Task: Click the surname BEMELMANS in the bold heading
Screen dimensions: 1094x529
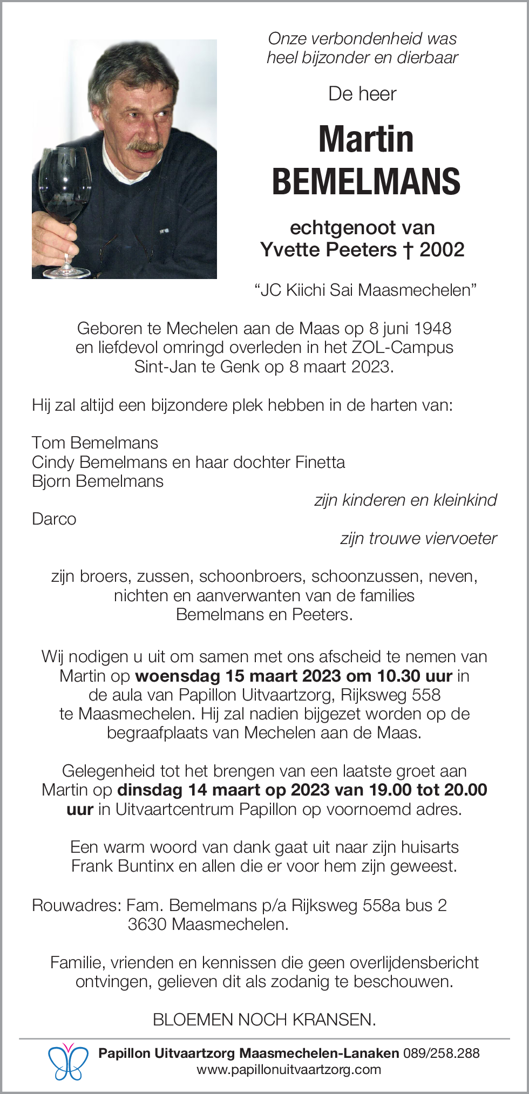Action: coord(366,181)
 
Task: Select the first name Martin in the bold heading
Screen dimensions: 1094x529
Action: coord(366,139)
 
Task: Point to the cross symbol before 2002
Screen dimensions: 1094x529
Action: coord(408,250)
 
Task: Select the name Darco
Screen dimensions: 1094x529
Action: coord(54,519)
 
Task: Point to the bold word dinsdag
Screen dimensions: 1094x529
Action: coord(150,790)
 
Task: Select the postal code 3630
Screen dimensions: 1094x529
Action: coord(147,924)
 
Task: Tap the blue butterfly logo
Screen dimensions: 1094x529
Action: coord(68,1061)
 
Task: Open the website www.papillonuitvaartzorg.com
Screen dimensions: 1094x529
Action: coord(289,1070)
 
